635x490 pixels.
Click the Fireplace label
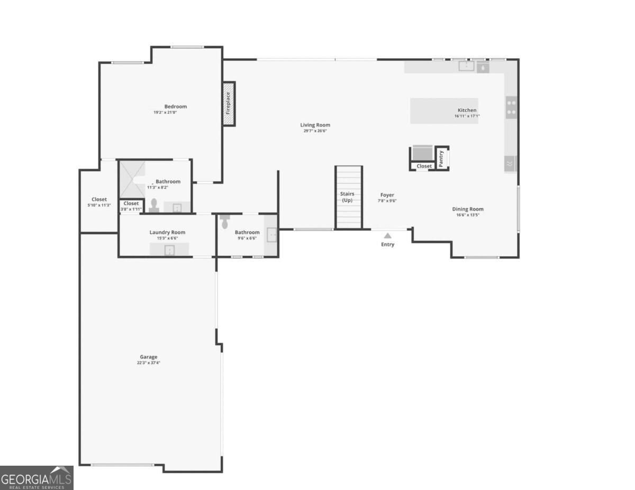228,103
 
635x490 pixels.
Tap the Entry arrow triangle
387,236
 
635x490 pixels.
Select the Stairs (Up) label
347,197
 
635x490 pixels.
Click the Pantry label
441,159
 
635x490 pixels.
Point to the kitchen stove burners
511,107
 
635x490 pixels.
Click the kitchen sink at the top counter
466,66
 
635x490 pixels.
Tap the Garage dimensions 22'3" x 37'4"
149,363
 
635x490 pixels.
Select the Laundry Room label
167,232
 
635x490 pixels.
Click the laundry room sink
169,250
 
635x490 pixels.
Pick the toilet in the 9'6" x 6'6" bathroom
225,221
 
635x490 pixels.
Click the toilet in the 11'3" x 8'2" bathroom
154,206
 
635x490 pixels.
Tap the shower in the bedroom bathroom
132,179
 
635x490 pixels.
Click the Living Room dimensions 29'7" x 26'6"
315,131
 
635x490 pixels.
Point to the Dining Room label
468,209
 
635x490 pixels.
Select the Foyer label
387,195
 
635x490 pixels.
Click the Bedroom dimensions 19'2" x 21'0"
166,113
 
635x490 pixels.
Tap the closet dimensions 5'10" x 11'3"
99,205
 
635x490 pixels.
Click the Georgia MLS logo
37,478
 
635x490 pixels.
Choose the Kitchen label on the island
467,110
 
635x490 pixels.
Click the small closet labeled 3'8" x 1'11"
131,206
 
